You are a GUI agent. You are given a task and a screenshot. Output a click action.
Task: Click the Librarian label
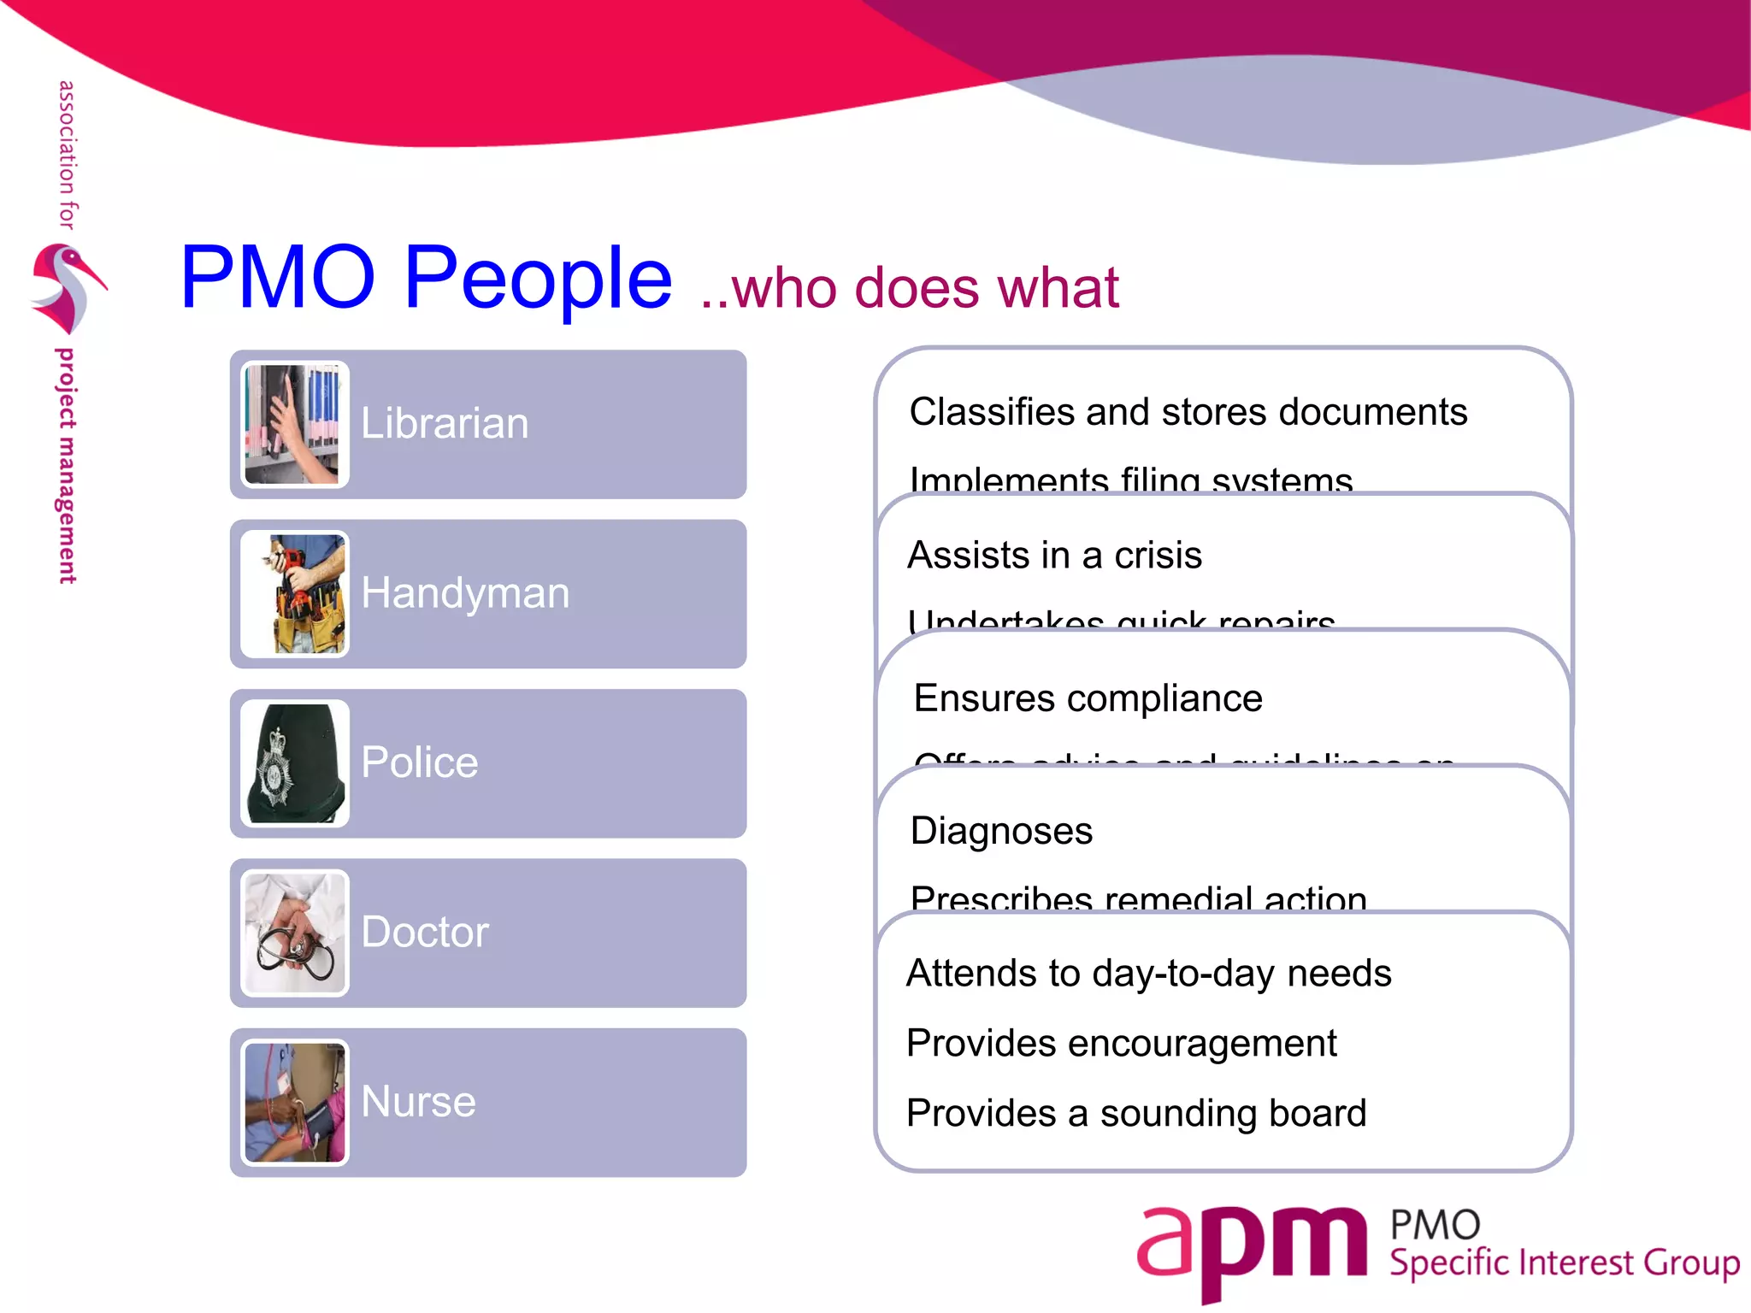point(445,424)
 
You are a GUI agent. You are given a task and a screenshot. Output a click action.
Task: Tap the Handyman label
point(465,593)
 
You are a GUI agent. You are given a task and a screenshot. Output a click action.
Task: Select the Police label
point(419,762)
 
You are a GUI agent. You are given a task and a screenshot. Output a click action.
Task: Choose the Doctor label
point(425,932)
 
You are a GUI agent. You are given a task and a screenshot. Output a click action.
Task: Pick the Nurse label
point(418,1101)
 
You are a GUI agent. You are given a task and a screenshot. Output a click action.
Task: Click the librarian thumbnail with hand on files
point(294,424)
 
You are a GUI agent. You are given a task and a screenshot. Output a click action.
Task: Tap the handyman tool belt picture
point(294,593)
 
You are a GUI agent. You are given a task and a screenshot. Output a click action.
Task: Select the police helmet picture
point(294,762)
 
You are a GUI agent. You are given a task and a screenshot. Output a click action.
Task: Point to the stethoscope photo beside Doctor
point(294,933)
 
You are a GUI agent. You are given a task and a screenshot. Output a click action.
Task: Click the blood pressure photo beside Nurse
point(294,1102)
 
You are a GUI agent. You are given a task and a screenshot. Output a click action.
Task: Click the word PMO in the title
point(278,277)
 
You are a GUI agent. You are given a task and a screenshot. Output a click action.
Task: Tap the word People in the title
point(538,277)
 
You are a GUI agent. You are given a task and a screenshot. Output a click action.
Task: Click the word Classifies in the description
point(991,412)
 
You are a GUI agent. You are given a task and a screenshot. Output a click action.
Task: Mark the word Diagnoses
point(1001,831)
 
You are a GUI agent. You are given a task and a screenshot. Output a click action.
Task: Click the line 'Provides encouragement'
point(1121,1044)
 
